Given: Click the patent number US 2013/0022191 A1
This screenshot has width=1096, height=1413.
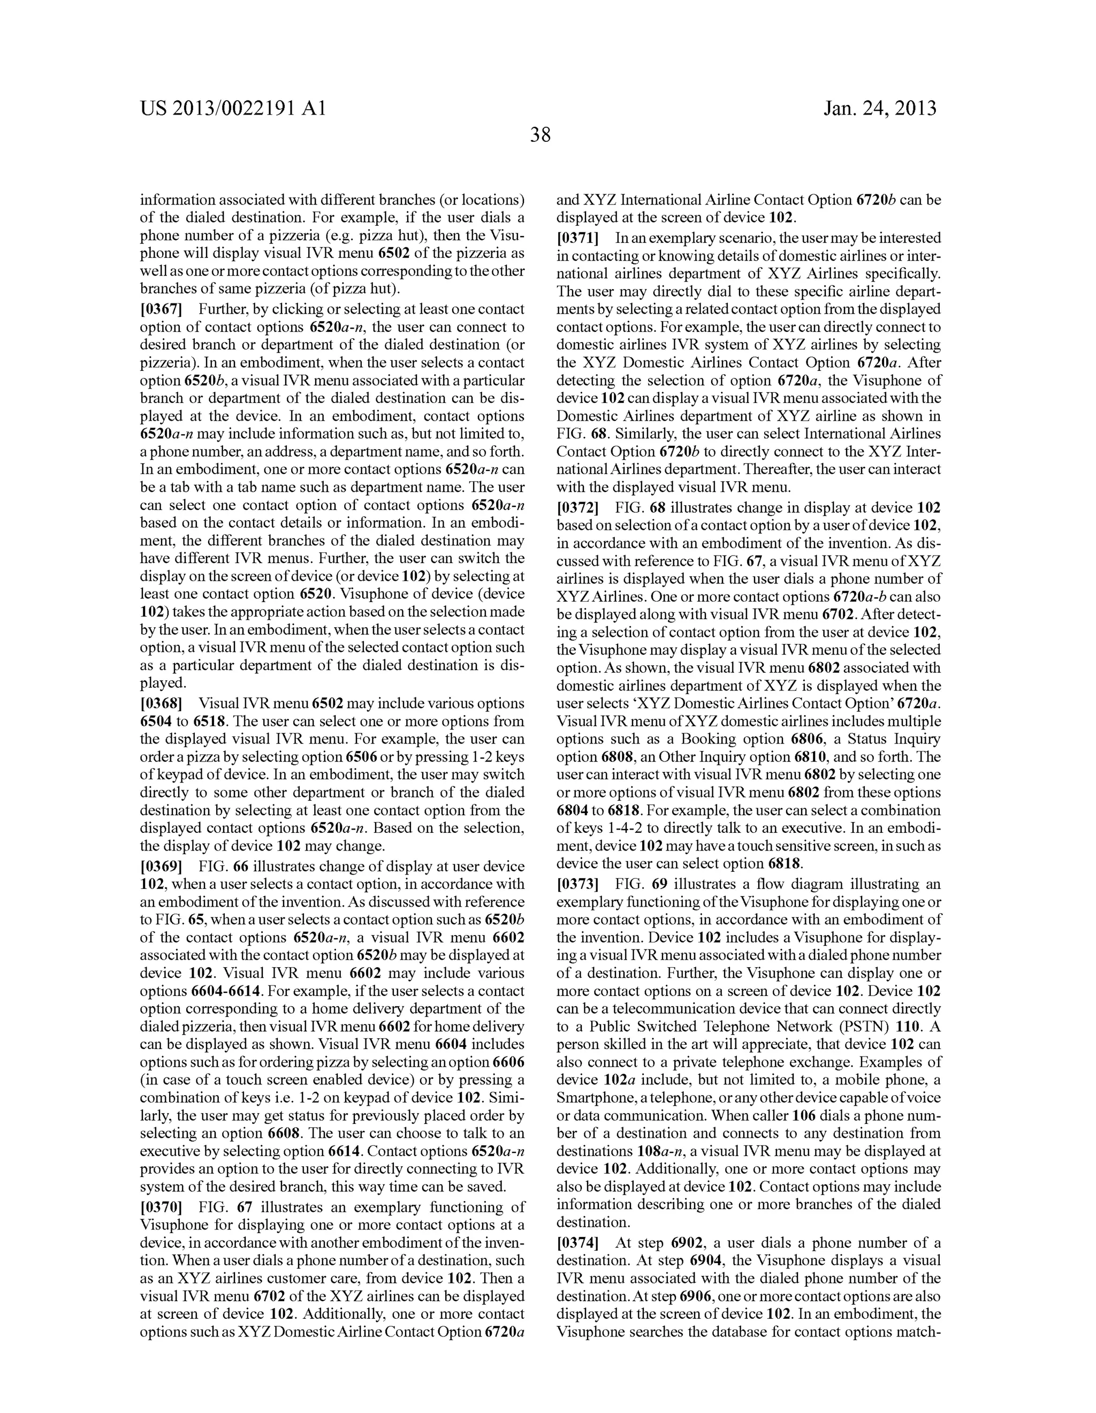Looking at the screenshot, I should [x=233, y=108].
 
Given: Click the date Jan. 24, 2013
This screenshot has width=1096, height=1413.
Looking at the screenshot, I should [x=880, y=108].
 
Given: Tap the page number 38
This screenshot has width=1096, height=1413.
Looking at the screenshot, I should [x=540, y=134].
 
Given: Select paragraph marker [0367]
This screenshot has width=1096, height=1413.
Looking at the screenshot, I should [x=161, y=309].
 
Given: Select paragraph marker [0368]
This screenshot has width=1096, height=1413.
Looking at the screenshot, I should [x=161, y=703].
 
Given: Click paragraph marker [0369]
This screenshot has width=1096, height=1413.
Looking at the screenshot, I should [x=161, y=867].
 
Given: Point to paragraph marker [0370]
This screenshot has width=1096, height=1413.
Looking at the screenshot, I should [x=161, y=1207].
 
